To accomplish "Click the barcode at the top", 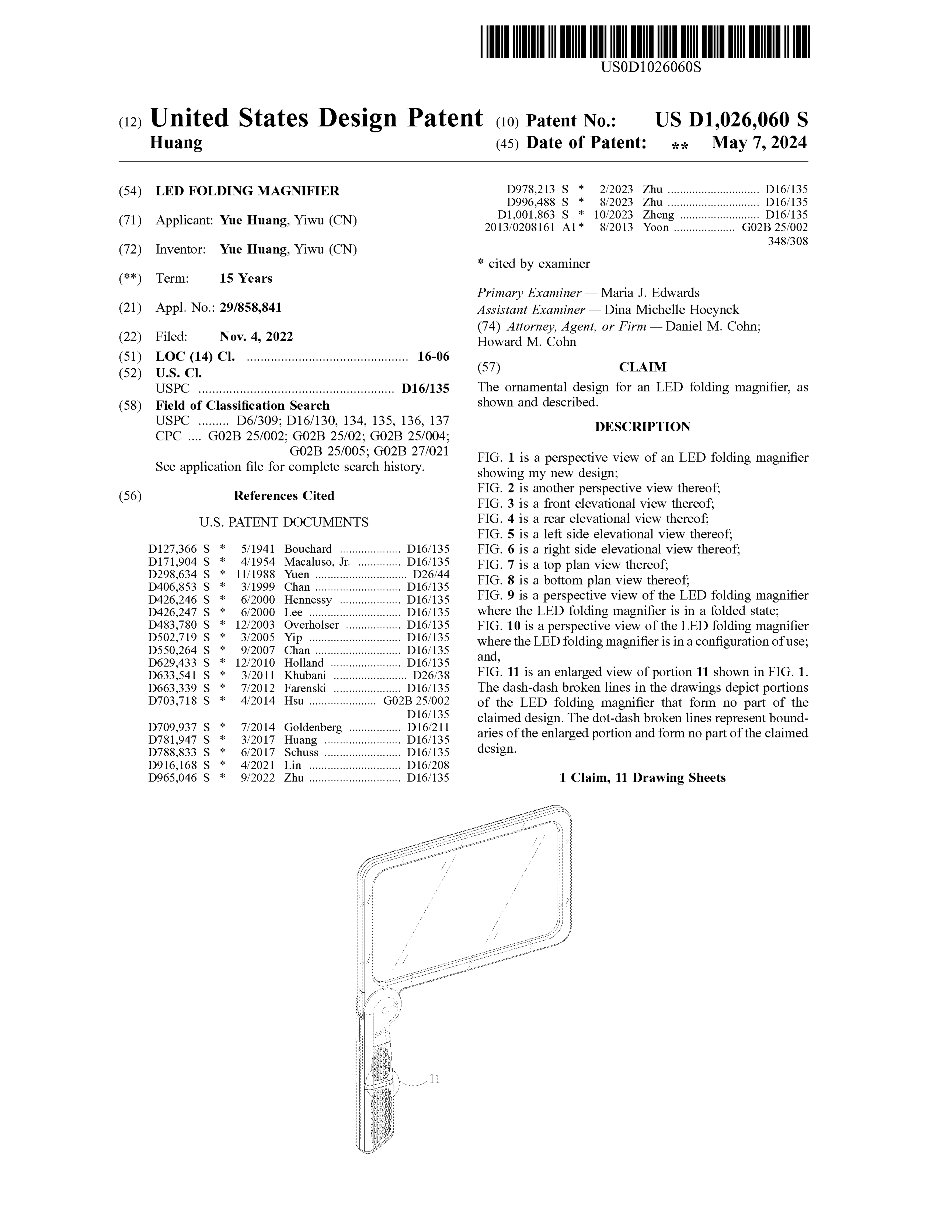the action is pyautogui.click(x=645, y=42).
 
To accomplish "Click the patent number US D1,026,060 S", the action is pyautogui.click(x=731, y=120).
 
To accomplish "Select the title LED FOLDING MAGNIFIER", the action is pyautogui.click(x=247, y=191).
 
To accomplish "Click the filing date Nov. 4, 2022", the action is pyautogui.click(x=256, y=336).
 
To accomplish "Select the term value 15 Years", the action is pyautogui.click(x=246, y=278).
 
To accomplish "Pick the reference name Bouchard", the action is pyautogui.click(x=308, y=549).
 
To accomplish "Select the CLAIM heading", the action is pyautogui.click(x=642, y=367).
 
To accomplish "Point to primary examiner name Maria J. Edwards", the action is pyautogui.click(x=650, y=293).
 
